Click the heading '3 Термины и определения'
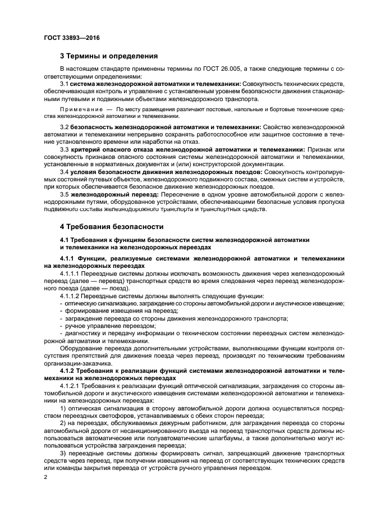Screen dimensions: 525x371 (108, 56)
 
